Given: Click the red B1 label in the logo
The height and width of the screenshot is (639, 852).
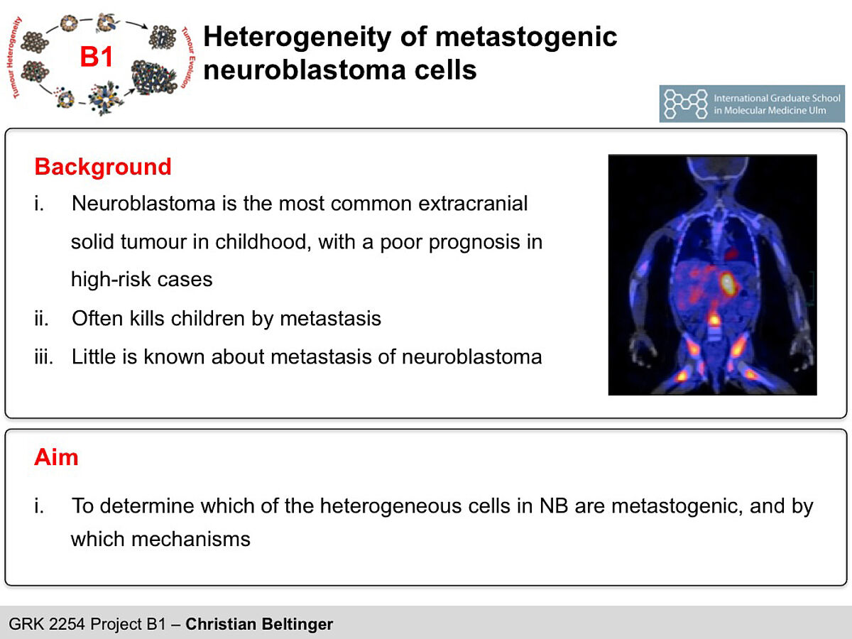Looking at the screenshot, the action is [97, 57].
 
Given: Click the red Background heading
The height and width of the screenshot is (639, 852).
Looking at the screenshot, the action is [103, 167].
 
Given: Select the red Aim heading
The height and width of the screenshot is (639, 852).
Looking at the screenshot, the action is [56, 457].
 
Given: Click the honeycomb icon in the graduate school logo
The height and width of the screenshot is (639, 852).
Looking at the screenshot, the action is [685, 104].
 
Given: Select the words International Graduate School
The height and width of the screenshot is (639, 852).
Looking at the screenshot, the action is [777, 98].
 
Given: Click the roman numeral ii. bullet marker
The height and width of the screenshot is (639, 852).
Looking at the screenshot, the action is [41, 319].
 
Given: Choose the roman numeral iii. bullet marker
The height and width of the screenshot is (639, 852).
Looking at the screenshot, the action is [43, 356].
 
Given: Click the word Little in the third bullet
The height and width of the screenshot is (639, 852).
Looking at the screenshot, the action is [94, 356].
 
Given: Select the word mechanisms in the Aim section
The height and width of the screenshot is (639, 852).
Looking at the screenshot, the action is [191, 540].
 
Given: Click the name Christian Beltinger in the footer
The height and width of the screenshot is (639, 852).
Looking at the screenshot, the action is [259, 624].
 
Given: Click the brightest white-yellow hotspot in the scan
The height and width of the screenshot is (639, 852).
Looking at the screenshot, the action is [726, 282].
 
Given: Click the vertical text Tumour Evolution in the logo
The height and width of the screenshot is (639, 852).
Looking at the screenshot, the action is [188, 58].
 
